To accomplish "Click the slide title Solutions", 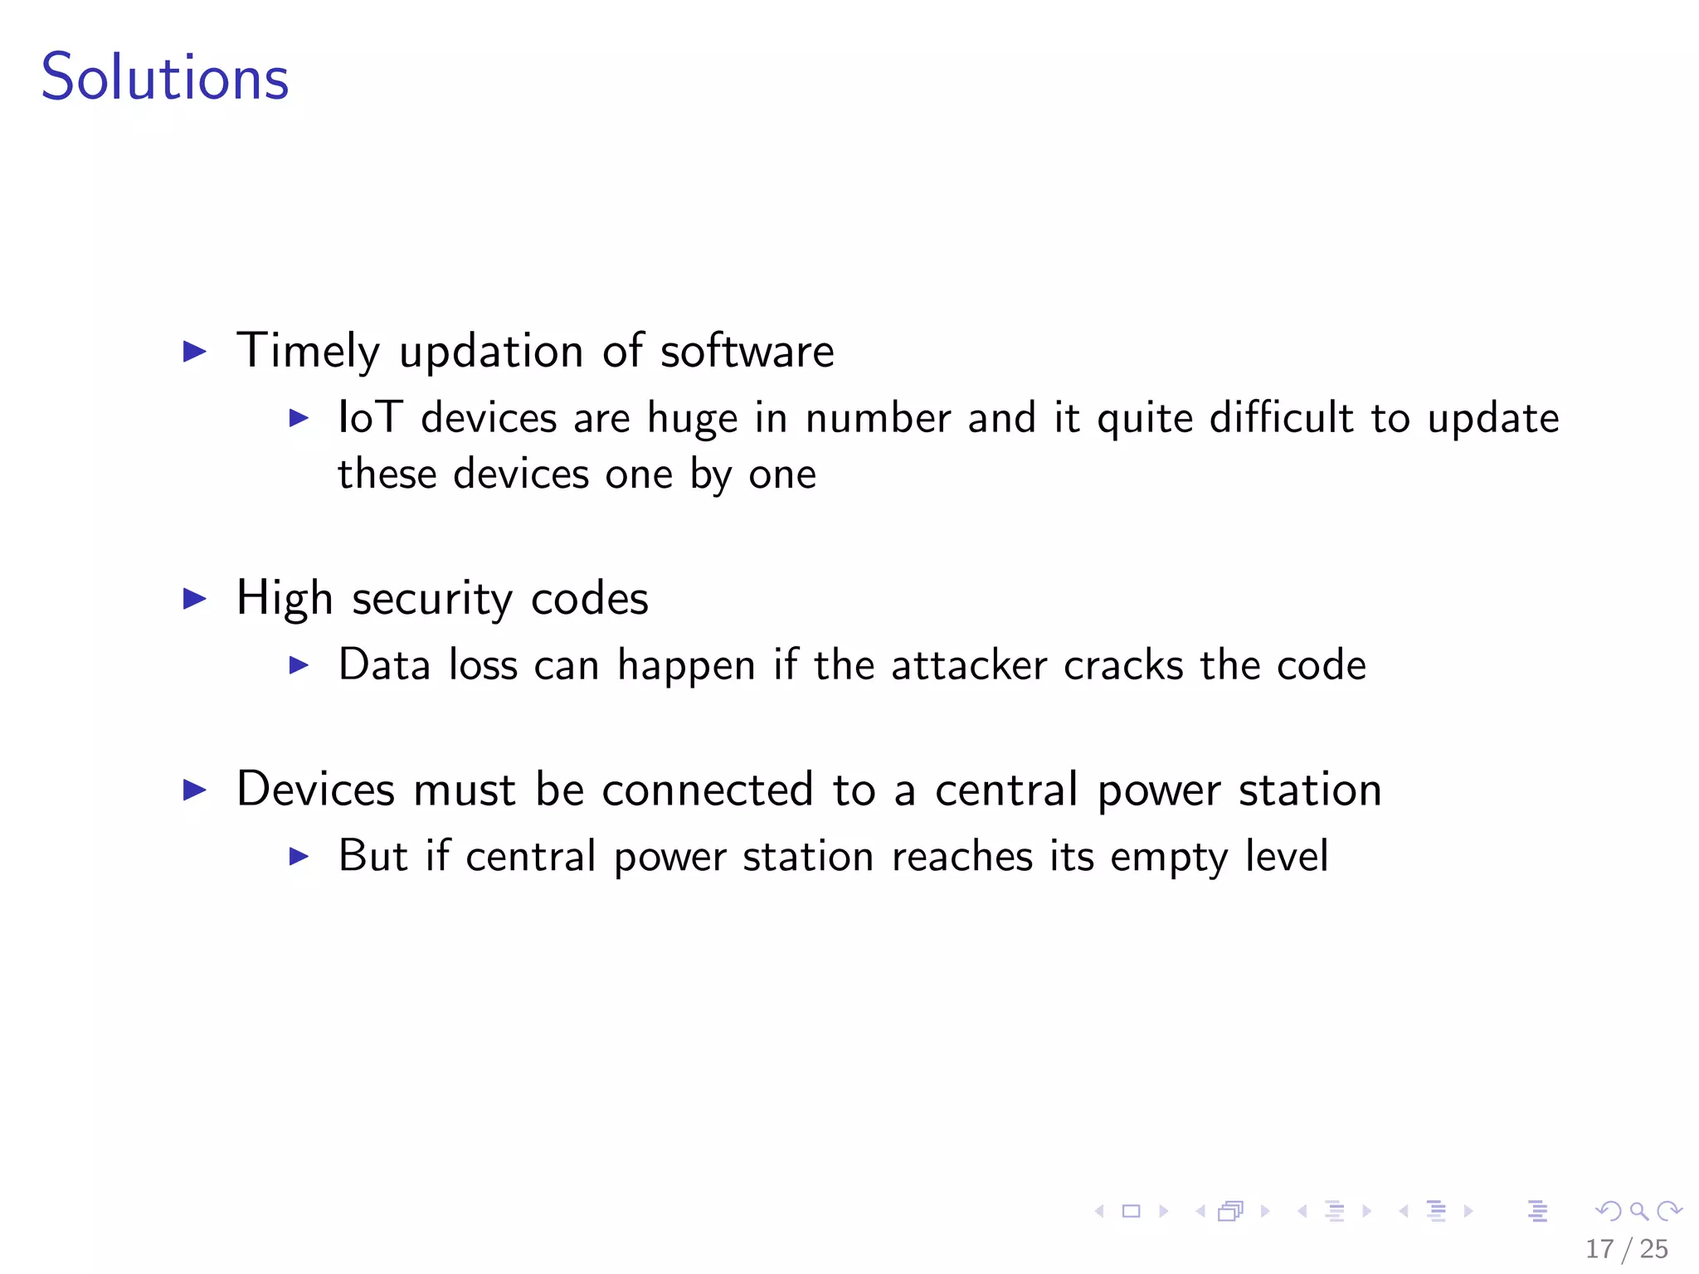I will coord(165,77).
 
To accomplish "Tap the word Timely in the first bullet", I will coord(308,351).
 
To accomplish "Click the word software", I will coord(747,351).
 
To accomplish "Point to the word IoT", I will coord(370,417).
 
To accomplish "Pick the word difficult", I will coord(1281,417).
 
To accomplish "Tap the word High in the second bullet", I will coord(285,599).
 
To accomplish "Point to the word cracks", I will coord(1123,665).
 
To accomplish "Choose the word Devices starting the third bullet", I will coord(315,789).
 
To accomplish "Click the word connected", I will coord(707,790).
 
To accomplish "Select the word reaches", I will coord(962,856).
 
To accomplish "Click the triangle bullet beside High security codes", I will coord(194,599).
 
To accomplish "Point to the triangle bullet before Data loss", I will coord(299,665).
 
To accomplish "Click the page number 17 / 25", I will coord(1626,1249).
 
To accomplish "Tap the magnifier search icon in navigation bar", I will coord(1638,1212).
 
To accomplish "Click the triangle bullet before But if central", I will coord(299,856).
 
